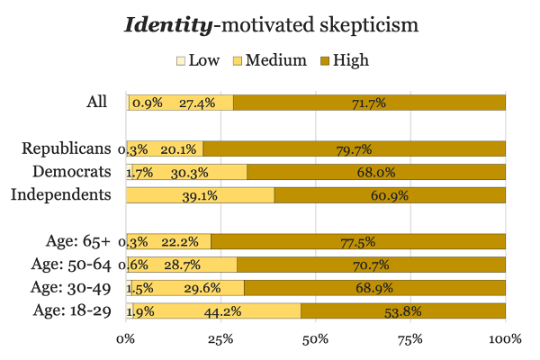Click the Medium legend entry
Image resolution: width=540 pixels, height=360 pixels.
(x=272, y=60)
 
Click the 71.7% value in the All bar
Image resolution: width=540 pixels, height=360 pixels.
(x=368, y=103)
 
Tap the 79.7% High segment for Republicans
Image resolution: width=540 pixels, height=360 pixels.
(x=354, y=148)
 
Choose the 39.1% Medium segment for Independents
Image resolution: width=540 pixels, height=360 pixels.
(x=201, y=195)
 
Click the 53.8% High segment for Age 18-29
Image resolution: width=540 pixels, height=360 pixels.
(x=403, y=311)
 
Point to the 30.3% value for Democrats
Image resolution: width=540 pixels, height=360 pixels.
(x=187, y=172)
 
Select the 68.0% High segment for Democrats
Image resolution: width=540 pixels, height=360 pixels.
(x=376, y=172)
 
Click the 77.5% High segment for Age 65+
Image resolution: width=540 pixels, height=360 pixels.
(x=358, y=241)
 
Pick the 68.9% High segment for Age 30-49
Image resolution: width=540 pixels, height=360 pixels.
(x=374, y=288)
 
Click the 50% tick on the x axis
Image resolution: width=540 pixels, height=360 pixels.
(x=315, y=339)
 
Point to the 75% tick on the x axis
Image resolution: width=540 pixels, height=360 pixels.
(x=410, y=339)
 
